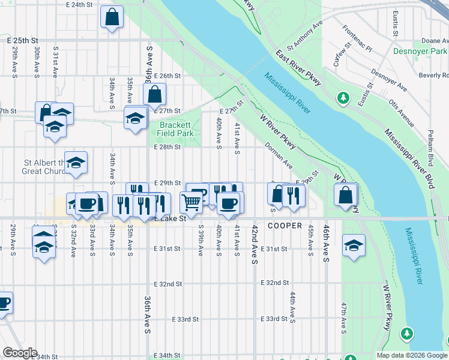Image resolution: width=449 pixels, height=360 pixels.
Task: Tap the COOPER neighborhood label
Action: click(285, 226)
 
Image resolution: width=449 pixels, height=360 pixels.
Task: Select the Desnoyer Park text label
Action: click(420, 51)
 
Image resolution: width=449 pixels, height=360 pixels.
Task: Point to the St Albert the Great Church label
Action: click(45, 167)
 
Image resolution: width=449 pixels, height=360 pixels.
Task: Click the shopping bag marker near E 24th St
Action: click(112, 17)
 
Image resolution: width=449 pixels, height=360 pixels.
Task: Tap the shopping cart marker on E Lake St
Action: click(191, 202)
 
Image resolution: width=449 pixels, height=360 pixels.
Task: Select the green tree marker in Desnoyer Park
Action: click(343, 97)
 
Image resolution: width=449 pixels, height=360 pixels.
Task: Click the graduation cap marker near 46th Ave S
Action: click(354, 245)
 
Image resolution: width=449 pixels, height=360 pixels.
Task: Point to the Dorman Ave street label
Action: click(279, 155)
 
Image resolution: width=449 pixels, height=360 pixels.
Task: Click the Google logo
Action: click(20, 353)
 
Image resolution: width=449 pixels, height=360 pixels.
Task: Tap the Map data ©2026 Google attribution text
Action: click(411, 355)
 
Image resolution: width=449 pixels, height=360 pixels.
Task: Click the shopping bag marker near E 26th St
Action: click(154, 94)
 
